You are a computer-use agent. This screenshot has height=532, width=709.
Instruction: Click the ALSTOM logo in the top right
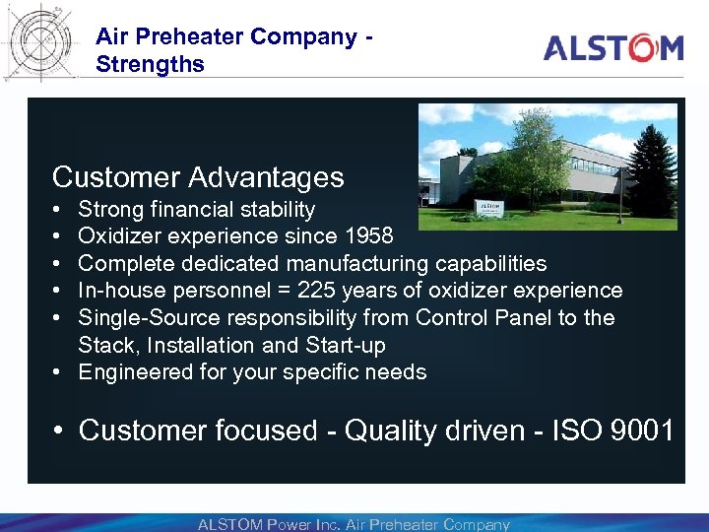point(612,47)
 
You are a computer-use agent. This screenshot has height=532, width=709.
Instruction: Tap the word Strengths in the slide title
point(150,65)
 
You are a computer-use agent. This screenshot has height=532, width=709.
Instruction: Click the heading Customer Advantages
point(198,177)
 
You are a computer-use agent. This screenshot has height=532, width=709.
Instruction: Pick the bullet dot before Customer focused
point(60,432)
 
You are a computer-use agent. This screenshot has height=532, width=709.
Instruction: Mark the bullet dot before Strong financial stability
point(59,210)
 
